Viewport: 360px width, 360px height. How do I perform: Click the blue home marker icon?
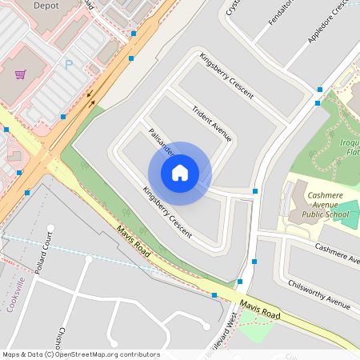180,172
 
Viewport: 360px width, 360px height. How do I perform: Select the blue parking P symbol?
68,64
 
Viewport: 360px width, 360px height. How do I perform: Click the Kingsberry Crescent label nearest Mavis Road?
166,213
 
